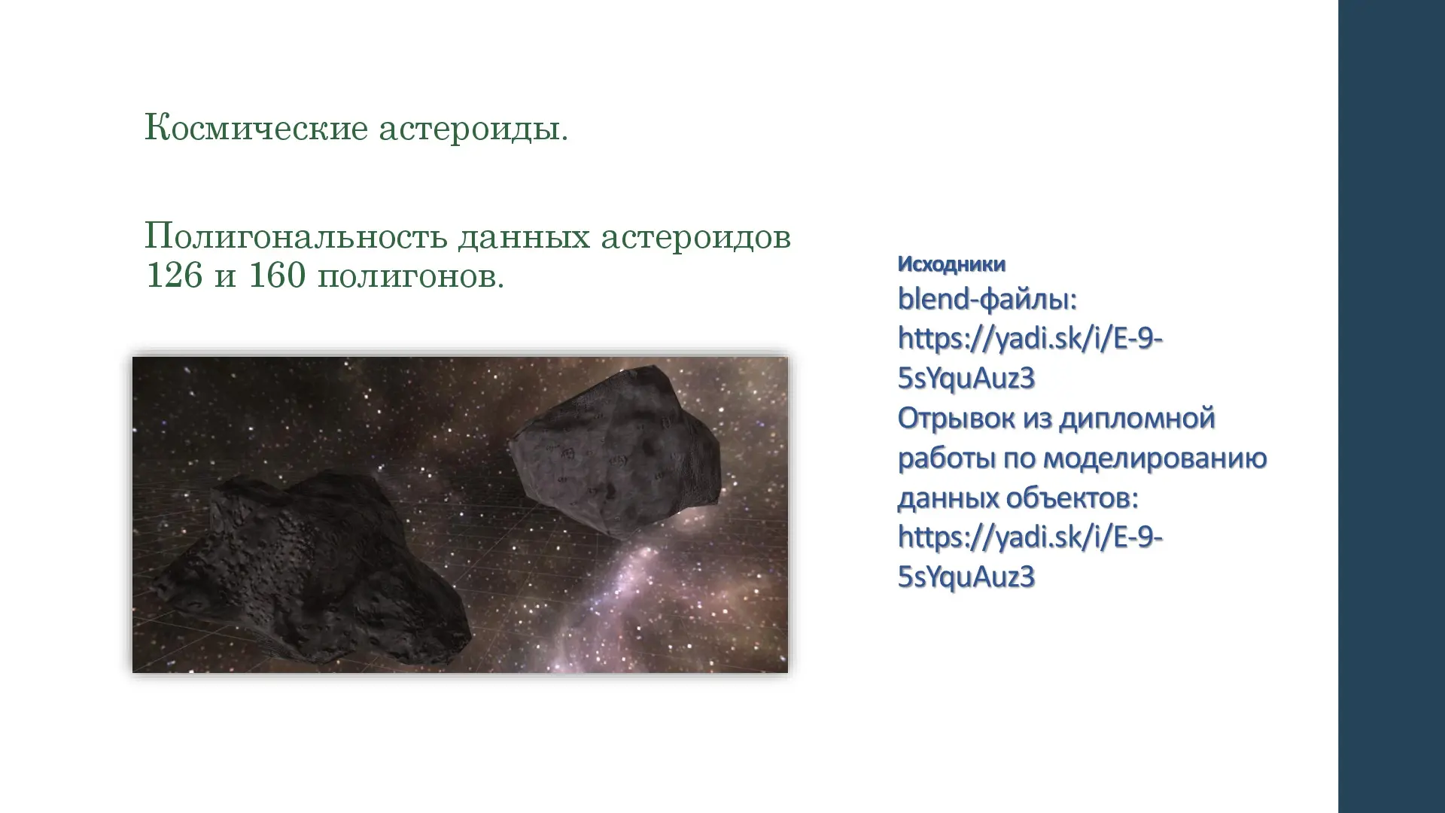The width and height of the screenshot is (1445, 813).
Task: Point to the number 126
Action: (174, 275)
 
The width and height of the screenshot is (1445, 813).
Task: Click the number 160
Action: (277, 275)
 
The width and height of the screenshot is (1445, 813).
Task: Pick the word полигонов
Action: (411, 277)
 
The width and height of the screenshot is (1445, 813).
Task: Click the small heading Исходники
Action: (951, 264)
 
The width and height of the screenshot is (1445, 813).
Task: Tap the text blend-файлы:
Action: (987, 299)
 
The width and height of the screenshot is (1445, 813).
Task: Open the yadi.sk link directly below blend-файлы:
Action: (1030, 358)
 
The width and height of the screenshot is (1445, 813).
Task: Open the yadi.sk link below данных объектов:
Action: (1030, 557)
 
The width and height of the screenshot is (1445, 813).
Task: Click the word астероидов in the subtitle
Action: (695, 238)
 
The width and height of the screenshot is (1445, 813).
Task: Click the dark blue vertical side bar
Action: (1392, 406)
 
